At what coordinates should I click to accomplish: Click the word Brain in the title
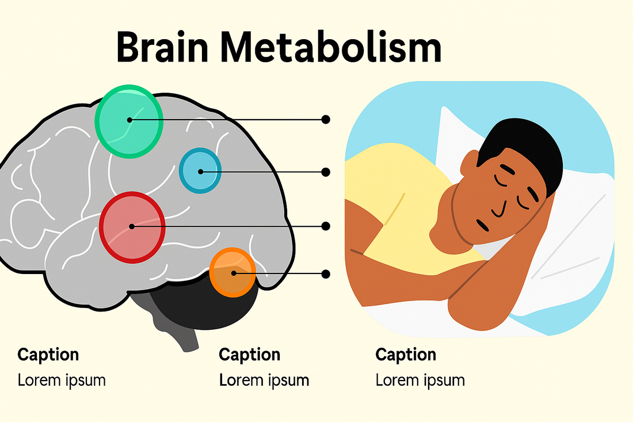[162, 47]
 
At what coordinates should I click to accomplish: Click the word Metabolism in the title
[331, 47]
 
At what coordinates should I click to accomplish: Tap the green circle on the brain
[129, 121]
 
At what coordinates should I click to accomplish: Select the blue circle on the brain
[200, 170]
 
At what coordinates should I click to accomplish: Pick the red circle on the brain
[132, 227]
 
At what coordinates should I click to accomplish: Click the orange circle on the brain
[232, 272]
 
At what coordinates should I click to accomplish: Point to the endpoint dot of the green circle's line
[325, 120]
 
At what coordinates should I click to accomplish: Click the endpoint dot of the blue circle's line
[325, 172]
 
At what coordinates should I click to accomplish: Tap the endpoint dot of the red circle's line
[325, 226]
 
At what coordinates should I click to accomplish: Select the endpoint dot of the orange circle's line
[325, 274]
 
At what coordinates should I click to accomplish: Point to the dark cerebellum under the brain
[202, 303]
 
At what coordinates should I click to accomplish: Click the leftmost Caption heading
[48, 355]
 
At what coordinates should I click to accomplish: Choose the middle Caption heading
[250, 355]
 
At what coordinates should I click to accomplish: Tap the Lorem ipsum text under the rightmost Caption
[420, 381]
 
